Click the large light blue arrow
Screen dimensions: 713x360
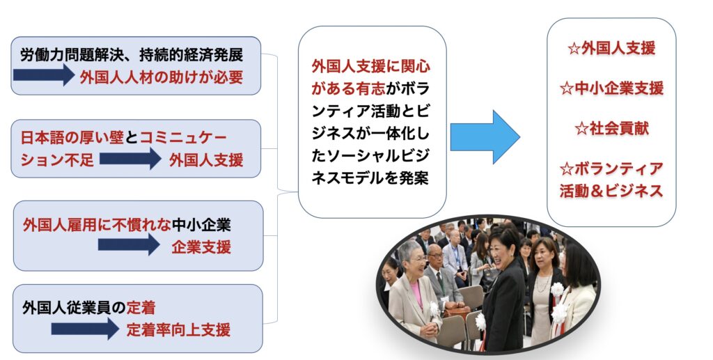click(x=485, y=136)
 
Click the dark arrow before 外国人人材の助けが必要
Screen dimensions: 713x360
click(x=44, y=75)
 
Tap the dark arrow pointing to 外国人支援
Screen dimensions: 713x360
click(x=130, y=159)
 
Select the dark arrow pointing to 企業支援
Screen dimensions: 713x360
click(x=129, y=244)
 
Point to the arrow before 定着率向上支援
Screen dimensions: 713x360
click(x=85, y=328)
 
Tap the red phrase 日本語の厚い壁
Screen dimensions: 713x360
click(x=72, y=137)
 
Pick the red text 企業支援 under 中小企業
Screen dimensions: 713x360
click(x=201, y=246)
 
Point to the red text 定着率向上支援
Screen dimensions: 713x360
click(x=178, y=329)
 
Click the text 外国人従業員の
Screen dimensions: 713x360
click(x=74, y=308)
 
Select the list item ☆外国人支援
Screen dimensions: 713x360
click(x=611, y=48)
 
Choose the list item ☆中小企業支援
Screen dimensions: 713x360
click(x=611, y=88)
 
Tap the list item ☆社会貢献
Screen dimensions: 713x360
click(x=611, y=129)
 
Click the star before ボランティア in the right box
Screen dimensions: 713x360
click(x=567, y=169)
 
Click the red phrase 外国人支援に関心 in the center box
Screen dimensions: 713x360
click(x=370, y=66)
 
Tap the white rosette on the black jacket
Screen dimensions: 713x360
click(x=480, y=322)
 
